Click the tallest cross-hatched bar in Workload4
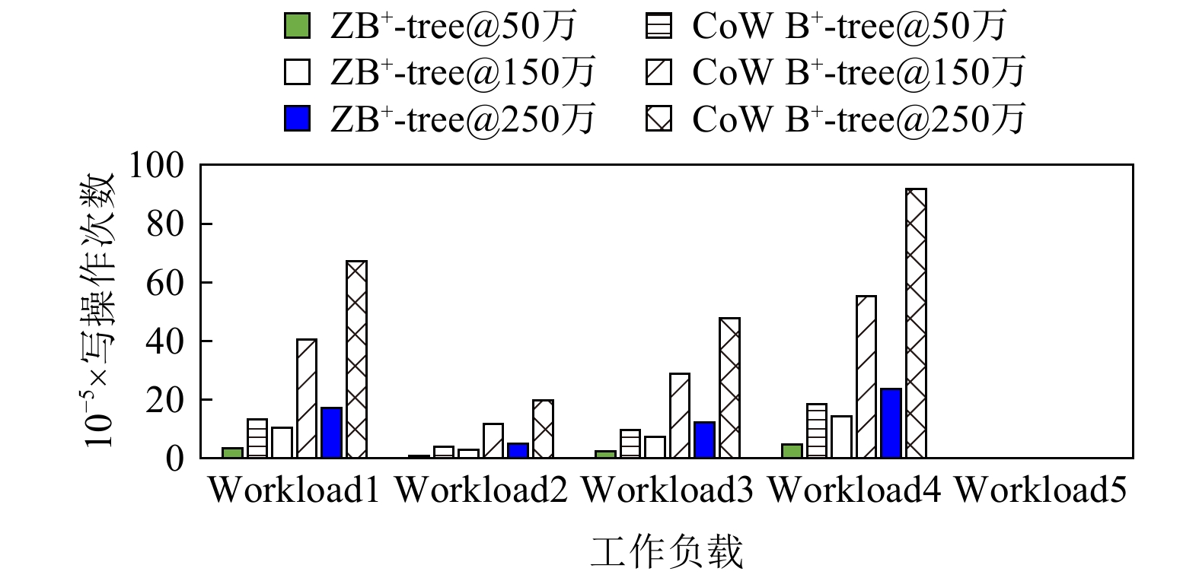tap(916, 323)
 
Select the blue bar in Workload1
tap(331, 433)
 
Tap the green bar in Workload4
tap(792, 451)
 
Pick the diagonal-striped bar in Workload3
tap(680, 415)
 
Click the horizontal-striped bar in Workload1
tap(257, 438)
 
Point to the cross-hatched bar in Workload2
tap(543, 429)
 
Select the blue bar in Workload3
tap(704, 440)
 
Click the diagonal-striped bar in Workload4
tap(866, 376)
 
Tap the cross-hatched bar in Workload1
tap(356, 360)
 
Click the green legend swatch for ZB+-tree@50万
tap(297, 26)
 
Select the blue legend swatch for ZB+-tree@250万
tap(297, 118)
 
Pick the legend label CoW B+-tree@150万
tap(859, 72)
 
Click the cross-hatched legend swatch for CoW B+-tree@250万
tap(659, 118)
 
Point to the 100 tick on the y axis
tap(156, 165)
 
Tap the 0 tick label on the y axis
tap(175, 459)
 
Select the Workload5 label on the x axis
tap(1041, 490)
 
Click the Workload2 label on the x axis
tap(481, 490)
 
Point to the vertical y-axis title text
tap(98, 309)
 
